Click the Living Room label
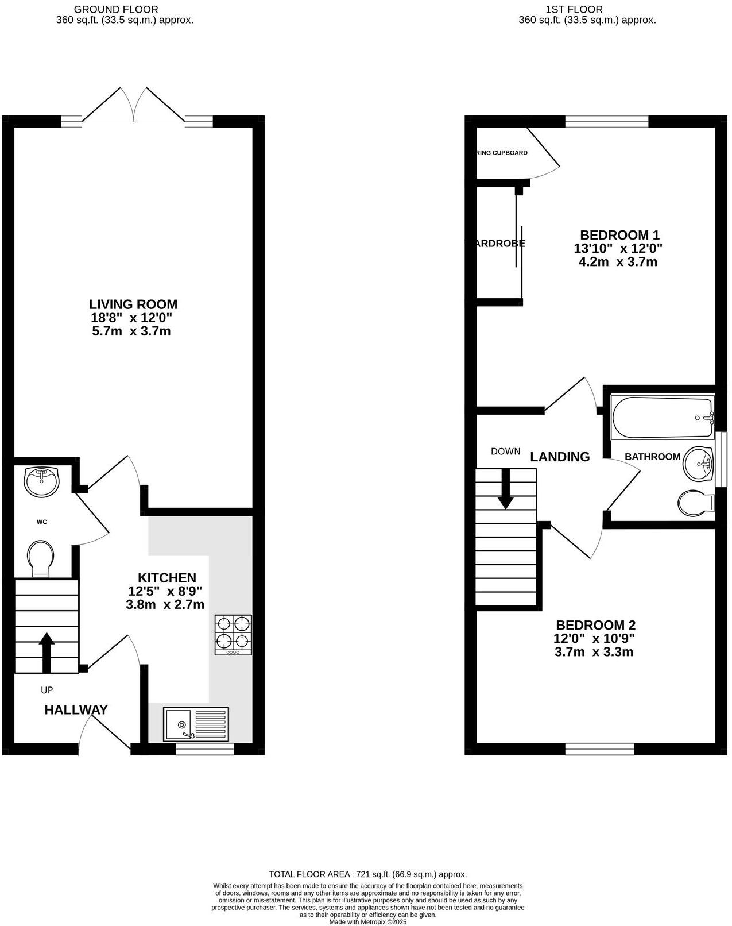point(133,304)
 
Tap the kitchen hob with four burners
point(233,635)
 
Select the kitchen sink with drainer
point(196,724)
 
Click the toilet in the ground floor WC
point(41,557)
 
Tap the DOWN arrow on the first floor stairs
point(505,489)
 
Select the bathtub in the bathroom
point(661,417)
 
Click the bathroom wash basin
point(699,463)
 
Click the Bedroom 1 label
point(619,235)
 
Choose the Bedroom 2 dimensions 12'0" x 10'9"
point(594,638)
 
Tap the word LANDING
point(560,457)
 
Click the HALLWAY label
point(76,710)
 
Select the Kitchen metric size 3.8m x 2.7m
point(165,604)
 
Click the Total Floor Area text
point(367,874)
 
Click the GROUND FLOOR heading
point(116,9)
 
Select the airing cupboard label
point(502,153)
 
